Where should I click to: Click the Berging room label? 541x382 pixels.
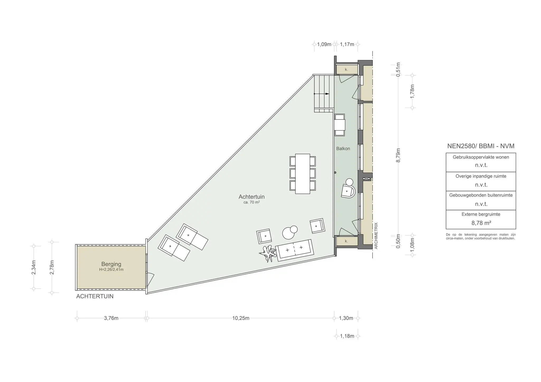click(x=111, y=264)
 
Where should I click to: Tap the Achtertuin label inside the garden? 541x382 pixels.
click(x=251, y=197)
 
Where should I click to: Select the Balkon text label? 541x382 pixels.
click(x=343, y=149)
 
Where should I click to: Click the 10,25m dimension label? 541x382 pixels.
click(x=241, y=318)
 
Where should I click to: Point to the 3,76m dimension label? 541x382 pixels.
click(x=111, y=318)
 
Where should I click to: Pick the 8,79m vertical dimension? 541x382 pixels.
click(x=398, y=155)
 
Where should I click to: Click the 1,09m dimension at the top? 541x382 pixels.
click(x=324, y=44)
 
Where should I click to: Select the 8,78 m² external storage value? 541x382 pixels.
click(x=481, y=223)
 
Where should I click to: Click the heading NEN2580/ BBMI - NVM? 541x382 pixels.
click(x=481, y=146)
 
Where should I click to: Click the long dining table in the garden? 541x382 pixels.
click(x=302, y=173)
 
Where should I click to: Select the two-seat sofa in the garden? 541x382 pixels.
click(x=294, y=250)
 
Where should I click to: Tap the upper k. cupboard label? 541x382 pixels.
click(x=346, y=70)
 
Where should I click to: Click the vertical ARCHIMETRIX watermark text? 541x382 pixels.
click(x=376, y=236)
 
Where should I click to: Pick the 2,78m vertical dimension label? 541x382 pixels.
click(x=52, y=267)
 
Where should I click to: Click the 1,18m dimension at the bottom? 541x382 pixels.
click(x=347, y=336)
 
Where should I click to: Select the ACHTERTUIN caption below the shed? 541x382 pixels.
click(x=95, y=296)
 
